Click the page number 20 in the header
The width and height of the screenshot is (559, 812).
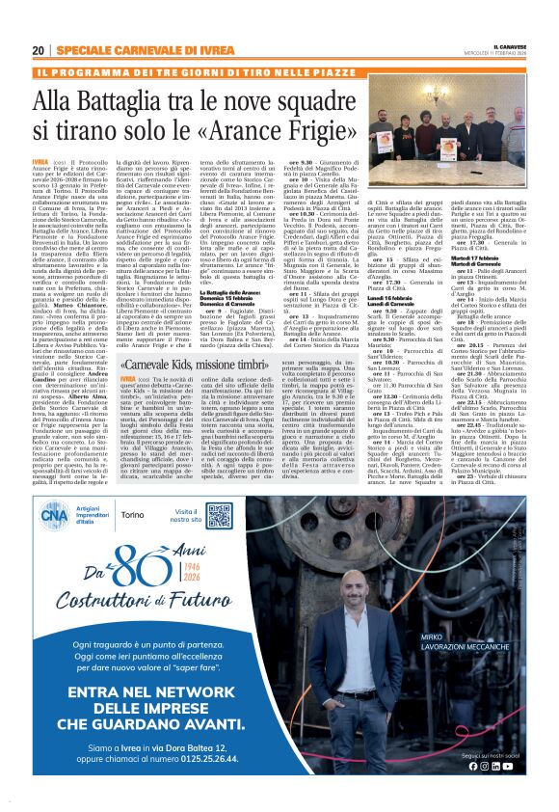[38, 50]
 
